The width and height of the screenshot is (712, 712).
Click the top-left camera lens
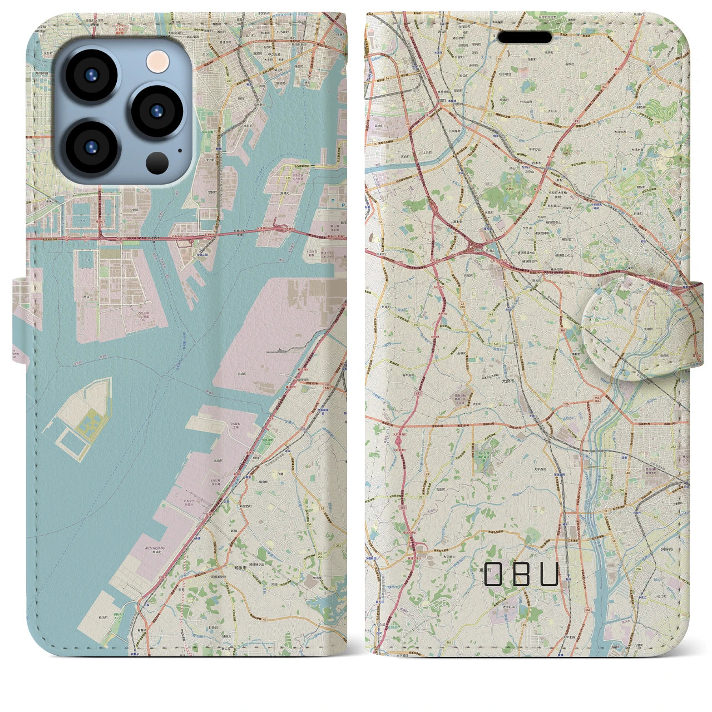pyautogui.click(x=91, y=76)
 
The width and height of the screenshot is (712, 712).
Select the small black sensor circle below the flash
pyautogui.click(x=157, y=162)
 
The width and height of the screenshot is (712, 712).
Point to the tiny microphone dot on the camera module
pyautogui.click(x=180, y=150)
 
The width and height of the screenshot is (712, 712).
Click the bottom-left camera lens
pyautogui.click(x=91, y=147)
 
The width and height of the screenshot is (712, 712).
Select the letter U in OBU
pyautogui.click(x=549, y=573)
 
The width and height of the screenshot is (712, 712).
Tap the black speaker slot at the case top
pyautogui.click(x=525, y=37)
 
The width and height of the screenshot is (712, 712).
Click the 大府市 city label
pyautogui.click(x=508, y=382)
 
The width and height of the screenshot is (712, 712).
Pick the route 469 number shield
pyautogui.click(x=448, y=642)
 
